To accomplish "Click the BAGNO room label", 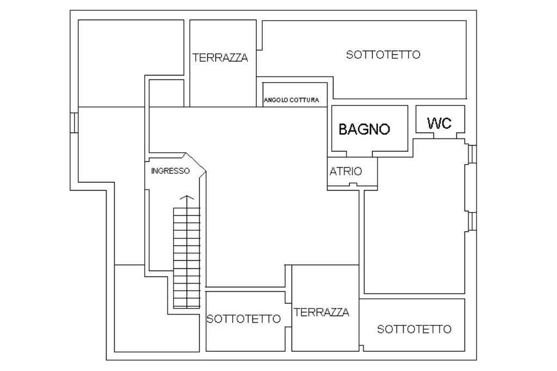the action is point(364,129).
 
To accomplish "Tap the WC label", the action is point(440,123).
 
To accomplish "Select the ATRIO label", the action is point(345,171).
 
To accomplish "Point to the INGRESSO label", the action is point(170,171).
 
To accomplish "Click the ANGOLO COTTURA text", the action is point(292,100).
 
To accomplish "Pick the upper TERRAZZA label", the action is point(220,58).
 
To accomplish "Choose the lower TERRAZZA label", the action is point(321,312).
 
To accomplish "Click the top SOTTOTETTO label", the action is point(383,55).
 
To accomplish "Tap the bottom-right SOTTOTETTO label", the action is point(414,329).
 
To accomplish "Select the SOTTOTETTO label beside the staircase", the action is point(244,319).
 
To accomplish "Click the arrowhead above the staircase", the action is point(187,198).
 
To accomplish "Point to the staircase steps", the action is point(187,257).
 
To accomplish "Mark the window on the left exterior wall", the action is point(74,123).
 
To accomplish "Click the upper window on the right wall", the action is point(472,154).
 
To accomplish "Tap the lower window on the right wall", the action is point(472,221).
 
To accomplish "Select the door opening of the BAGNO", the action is point(359,154).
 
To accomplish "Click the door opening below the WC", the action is point(445,135).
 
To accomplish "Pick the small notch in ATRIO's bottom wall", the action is point(352,184).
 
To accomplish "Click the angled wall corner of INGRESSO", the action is point(196,163).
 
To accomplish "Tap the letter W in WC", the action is point(434,123).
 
